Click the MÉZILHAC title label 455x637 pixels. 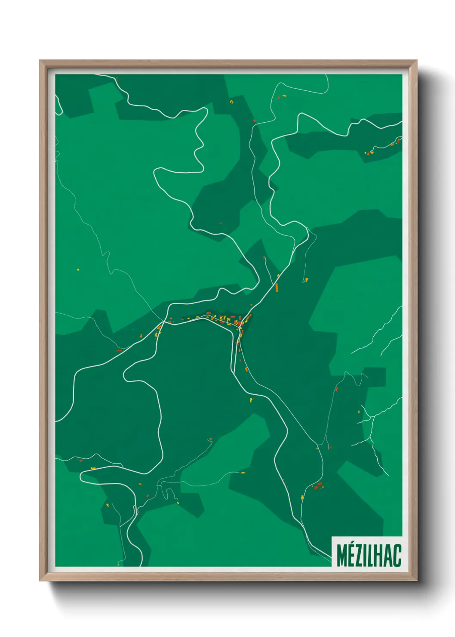368,555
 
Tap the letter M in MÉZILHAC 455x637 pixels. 342,555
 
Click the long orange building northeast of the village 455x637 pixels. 277,288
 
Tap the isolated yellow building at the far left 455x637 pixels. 78,270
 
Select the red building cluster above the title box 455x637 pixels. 319,485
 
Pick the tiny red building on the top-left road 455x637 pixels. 117,79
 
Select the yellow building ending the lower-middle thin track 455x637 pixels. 243,473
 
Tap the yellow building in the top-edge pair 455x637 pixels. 284,95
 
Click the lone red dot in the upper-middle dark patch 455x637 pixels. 221,223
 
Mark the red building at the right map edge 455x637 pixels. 399,141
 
